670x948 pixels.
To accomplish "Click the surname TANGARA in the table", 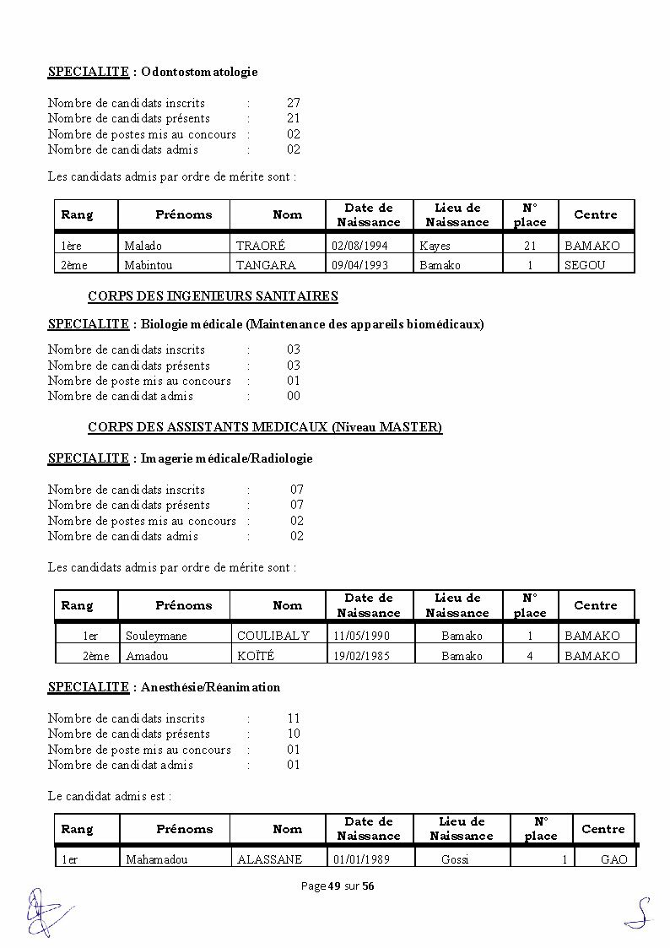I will [x=266, y=265].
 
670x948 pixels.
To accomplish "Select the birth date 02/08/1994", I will [x=360, y=246].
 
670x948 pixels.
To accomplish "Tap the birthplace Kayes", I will [x=435, y=246].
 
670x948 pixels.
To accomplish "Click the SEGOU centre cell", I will [x=585, y=265].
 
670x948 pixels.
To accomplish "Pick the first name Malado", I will [x=143, y=246].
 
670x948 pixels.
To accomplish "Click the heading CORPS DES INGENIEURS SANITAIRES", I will [x=213, y=296].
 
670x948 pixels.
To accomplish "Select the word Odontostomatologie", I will [x=199, y=72].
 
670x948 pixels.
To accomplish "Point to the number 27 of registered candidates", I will [x=294, y=102].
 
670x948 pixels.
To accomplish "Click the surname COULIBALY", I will [x=273, y=636].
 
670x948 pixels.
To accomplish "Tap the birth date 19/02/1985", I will [x=361, y=656].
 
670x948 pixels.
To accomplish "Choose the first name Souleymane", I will [x=156, y=636].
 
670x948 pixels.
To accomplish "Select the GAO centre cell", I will [x=613, y=859].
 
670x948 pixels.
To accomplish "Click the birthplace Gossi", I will [x=455, y=859].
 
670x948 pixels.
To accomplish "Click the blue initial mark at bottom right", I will [x=640, y=912].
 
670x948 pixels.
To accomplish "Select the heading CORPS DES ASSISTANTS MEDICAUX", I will [x=265, y=427].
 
